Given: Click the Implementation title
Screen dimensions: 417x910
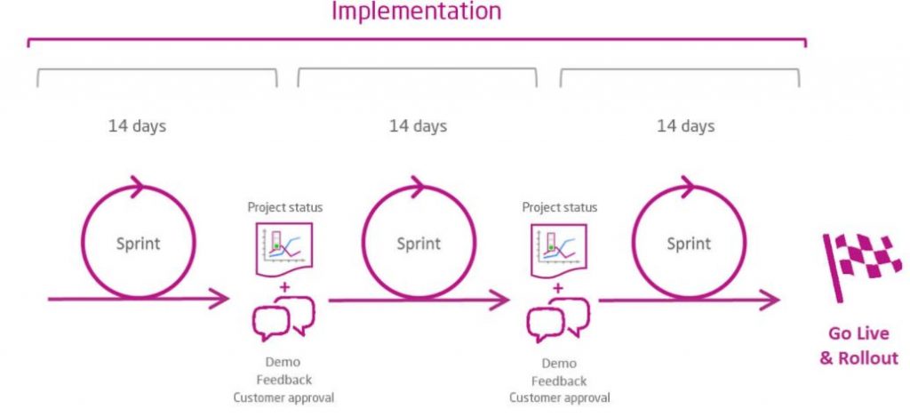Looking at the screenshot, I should (x=416, y=12).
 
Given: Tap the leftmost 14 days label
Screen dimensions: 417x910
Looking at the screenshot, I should (x=137, y=125).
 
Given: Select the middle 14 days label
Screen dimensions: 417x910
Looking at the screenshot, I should (x=418, y=125).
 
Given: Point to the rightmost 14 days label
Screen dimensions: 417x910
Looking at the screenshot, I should (x=685, y=125).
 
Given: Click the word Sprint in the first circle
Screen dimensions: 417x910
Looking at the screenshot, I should (x=138, y=243).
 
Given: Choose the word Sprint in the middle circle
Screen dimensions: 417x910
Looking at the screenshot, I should (x=418, y=243).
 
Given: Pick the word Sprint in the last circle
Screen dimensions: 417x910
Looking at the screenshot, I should (x=688, y=243).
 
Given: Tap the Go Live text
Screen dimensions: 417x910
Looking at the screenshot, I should (x=858, y=334).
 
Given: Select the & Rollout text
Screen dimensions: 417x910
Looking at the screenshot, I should (x=858, y=358).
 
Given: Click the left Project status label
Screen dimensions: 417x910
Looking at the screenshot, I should (x=284, y=207).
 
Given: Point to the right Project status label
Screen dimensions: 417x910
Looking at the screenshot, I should (x=560, y=207).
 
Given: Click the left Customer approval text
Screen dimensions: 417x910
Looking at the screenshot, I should (x=283, y=397).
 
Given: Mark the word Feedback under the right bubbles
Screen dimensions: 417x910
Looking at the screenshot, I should (x=559, y=381).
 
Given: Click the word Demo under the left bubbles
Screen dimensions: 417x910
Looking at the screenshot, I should (x=283, y=363).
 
